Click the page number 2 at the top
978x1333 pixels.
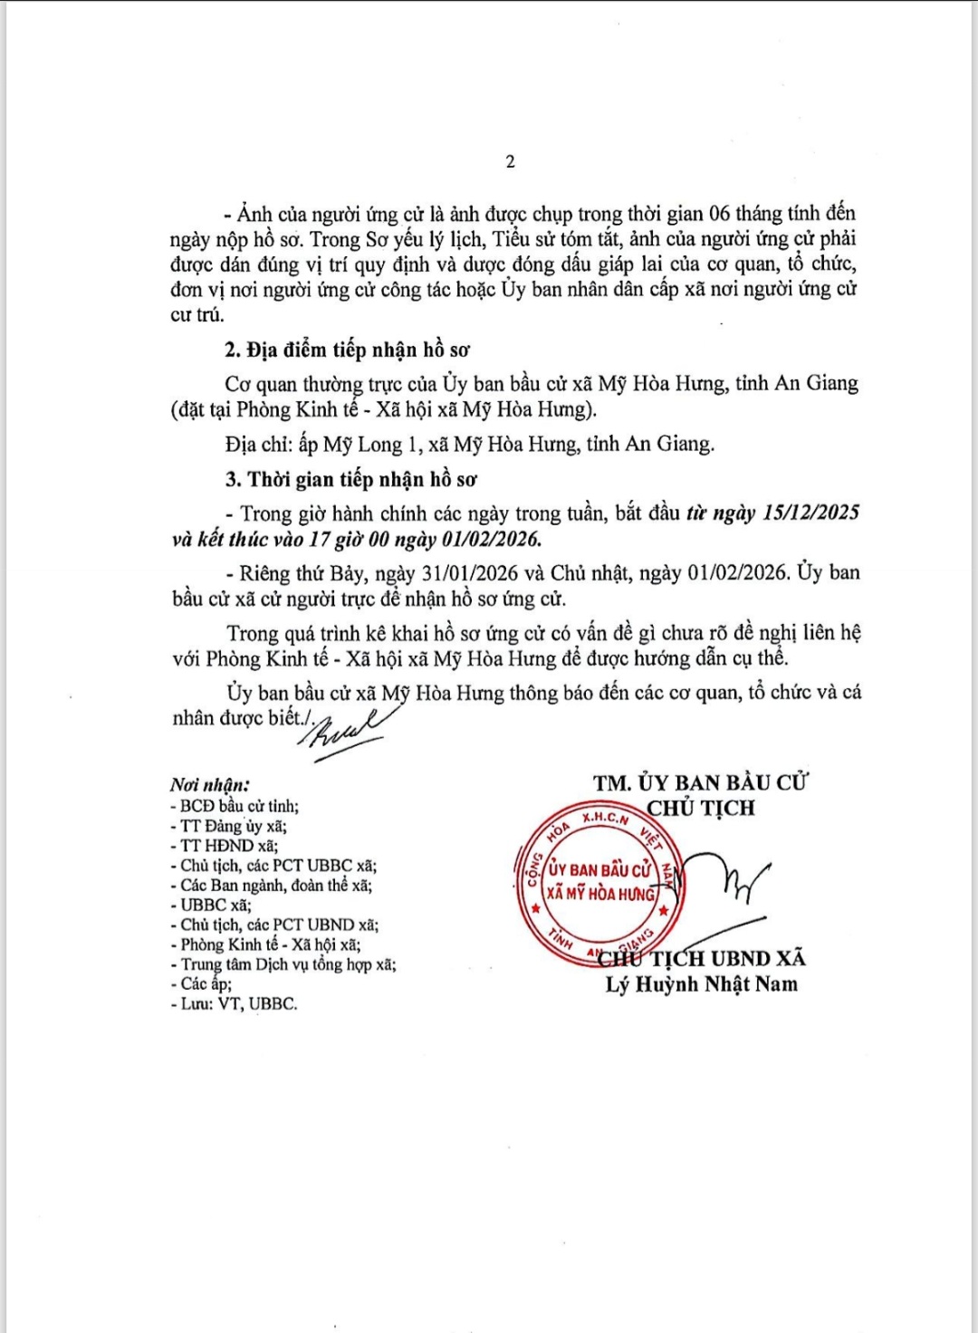(x=510, y=162)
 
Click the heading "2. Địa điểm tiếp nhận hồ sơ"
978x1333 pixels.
(x=348, y=350)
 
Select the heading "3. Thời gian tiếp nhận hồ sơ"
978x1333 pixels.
(x=351, y=479)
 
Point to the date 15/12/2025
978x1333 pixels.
(x=811, y=513)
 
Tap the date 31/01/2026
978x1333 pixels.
(x=475, y=573)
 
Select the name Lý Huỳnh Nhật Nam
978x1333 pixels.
(x=702, y=984)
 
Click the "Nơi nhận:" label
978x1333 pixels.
(x=209, y=785)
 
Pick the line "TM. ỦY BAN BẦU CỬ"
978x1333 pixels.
(x=701, y=783)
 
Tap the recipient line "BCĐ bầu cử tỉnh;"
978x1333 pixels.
(x=235, y=806)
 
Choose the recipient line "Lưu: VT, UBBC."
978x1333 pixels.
(x=235, y=1003)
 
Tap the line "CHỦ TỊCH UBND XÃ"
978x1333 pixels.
(x=715, y=959)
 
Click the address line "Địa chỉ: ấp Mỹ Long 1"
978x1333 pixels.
(x=469, y=445)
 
